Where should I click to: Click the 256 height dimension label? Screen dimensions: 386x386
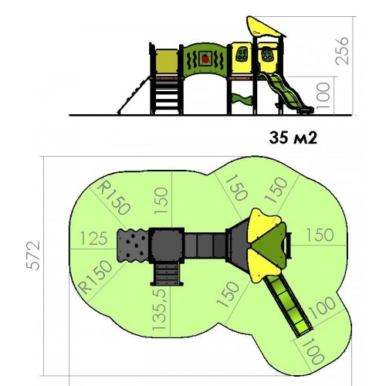pyautogui.click(x=343, y=51)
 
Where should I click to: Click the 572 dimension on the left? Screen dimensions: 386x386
pyautogui.click(x=34, y=256)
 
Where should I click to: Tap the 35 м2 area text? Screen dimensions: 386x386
pyautogui.click(x=293, y=138)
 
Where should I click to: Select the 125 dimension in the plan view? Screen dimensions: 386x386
pyautogui.click(x=93, y=239)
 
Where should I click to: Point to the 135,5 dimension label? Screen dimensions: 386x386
pyautogui.click(x=159, y=310)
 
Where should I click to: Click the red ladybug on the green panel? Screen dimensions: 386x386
pyautogui.click(x=205, y=59)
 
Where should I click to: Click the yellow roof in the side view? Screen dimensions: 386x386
pyautogui.click(x=265, y=26)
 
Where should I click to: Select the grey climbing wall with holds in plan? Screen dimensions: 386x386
pyautogui.click(x=133, y=245)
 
